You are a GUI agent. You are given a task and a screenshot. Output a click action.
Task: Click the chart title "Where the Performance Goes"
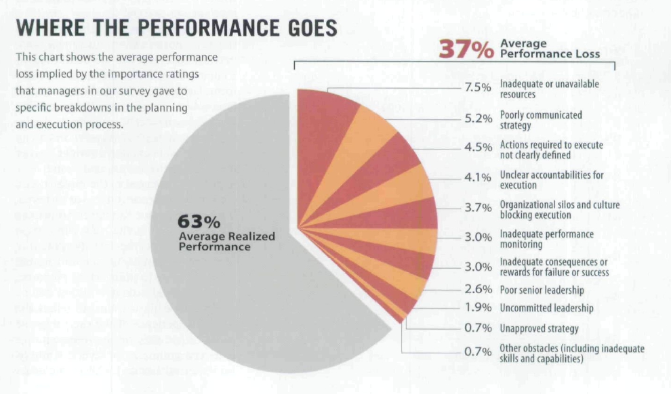(x=176, y=28)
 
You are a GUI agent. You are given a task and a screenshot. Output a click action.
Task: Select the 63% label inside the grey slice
(x=199, y=221)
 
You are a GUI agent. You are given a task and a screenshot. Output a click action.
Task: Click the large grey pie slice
(x=224, y=284)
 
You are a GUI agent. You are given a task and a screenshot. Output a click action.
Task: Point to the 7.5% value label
(x=478, y=88)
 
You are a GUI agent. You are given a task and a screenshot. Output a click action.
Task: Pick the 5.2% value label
(x=478, y=118)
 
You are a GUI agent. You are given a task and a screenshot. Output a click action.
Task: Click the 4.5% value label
(x=478, y=148)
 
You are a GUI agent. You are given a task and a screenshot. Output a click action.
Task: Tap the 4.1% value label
(x=478, y=177)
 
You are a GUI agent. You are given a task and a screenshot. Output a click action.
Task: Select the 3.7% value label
(x=478, y=207)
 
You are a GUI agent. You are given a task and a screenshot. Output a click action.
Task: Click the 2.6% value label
(x=478, y=290)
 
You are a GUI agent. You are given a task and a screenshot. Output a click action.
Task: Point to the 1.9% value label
(x=478, y=308)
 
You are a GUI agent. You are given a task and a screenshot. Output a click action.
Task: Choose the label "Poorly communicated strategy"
(x=541, y=120)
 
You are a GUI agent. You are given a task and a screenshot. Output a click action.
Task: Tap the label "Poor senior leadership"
(x=542, y=290)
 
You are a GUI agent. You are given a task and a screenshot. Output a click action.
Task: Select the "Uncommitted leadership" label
(x=546, y=308)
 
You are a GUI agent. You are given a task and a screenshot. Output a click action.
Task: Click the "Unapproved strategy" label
(x=539, y=329)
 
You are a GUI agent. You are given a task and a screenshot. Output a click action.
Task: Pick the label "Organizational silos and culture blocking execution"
(x=559, y=209)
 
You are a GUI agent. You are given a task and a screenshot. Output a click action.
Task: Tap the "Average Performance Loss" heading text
(x=550, y=49)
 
